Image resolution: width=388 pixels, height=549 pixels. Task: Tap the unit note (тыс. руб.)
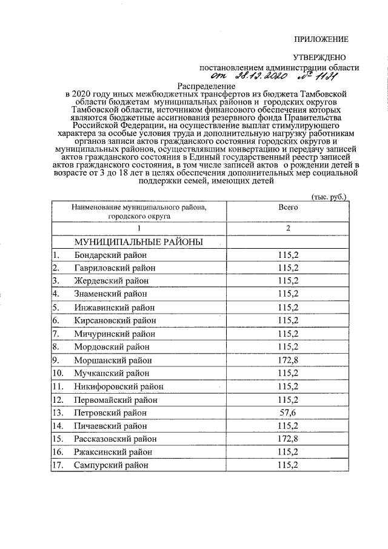coord(328,197)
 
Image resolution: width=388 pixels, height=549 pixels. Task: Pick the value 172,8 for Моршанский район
coord(288,360)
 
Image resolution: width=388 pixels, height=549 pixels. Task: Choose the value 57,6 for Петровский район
coord(288,413)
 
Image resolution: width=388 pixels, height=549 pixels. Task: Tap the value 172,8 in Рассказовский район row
coord(288,439)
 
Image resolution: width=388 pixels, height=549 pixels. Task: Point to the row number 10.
coord(58,373)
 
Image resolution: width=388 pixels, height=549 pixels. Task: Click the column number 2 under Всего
coord(288,228)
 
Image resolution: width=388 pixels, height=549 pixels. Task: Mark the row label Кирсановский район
coord(115,320)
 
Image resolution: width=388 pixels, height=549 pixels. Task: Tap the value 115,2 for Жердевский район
coord(288,281)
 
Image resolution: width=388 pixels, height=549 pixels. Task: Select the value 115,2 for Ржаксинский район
coord(288,452)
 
